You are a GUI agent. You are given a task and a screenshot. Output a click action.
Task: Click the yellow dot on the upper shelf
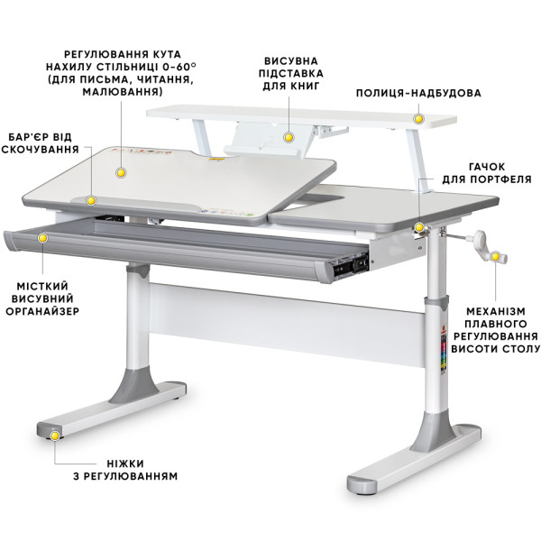coord(418,119)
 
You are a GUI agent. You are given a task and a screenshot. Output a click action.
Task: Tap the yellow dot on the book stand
coord(289,138)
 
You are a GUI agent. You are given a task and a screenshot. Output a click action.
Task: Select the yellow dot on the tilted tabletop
coord(121,173)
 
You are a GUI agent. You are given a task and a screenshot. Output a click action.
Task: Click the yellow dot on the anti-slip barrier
coord(91,200)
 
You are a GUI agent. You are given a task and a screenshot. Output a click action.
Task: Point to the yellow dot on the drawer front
coord(42,238)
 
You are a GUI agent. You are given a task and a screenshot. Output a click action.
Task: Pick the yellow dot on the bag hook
coord(419,227)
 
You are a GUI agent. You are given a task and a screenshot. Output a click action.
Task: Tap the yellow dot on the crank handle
coord(495,257)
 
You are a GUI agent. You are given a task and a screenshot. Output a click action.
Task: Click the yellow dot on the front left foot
coord(54,436)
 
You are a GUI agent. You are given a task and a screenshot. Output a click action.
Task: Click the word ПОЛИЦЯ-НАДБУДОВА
coord(418,93)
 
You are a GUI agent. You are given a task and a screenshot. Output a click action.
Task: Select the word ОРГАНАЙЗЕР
coord(42,311)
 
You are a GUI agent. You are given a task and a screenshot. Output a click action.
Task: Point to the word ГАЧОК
coord(487,167)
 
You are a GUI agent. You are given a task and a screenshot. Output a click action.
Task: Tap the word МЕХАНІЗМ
coord(496,311)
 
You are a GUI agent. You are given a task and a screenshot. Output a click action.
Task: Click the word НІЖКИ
coord(125,463)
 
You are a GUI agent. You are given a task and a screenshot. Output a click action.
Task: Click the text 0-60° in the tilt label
coord(177,67)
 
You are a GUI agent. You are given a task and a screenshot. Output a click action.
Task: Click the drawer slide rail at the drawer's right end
coord(349,267)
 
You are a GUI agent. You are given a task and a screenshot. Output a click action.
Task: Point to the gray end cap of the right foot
coord(362,487)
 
